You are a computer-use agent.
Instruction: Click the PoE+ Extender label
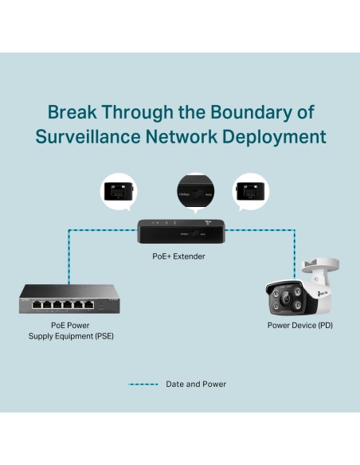[x=178, y=256]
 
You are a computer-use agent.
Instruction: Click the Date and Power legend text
[x=196, y=384]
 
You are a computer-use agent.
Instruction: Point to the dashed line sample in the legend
[x=142, y=384]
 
